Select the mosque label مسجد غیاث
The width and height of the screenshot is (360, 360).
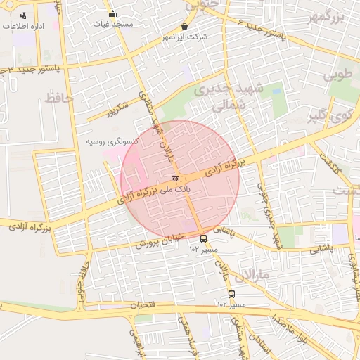pos(112,23)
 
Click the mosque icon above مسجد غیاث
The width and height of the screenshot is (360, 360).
pos(112,13)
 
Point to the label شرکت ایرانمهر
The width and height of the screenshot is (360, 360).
pos(184,37)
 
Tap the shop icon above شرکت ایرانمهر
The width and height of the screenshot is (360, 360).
pos(184,26)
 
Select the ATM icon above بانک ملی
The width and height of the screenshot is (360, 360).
pos(174,179)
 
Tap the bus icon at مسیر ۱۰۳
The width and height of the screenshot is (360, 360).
pos(203,238)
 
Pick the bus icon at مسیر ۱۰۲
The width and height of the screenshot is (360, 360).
pos(231,295)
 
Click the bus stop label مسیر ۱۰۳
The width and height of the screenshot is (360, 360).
pos(204,249)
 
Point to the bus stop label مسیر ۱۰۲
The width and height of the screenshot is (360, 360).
pos(232,304)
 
